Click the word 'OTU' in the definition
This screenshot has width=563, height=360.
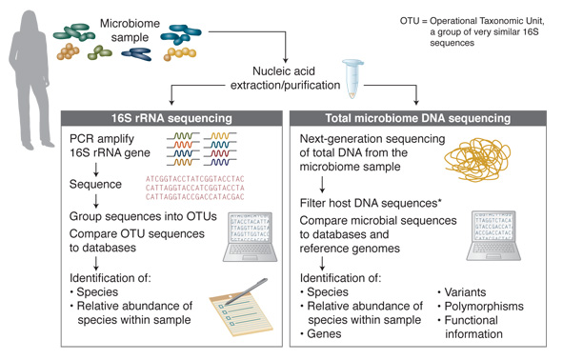[412, 20]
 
